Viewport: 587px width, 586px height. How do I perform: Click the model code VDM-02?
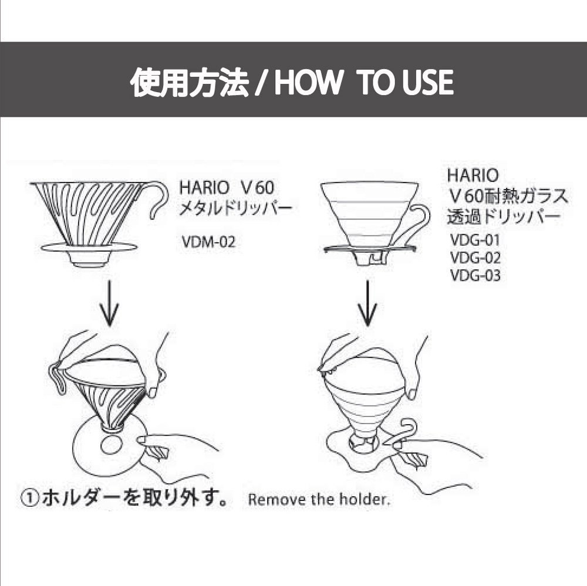click(208, 242)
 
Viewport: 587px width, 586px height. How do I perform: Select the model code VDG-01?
click(475, 240)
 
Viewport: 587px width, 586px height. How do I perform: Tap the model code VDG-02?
click(475, 258)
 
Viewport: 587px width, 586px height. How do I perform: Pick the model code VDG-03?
click(475, 276)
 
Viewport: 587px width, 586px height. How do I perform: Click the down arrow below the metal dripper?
click(109, 303)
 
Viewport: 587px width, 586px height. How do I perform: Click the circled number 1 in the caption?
click(29, 500)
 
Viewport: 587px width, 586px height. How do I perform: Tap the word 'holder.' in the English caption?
click(365, 499)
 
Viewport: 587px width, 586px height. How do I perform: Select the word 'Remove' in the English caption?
click(273, 500)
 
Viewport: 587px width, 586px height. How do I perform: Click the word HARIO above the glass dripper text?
click(473, 175)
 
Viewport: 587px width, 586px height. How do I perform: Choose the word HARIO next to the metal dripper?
click(204, 188)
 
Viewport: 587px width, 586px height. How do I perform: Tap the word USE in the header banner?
click(428, 82)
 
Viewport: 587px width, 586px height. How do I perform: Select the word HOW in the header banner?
click(308, 82)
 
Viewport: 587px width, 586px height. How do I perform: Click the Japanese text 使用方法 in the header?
click(190, 82)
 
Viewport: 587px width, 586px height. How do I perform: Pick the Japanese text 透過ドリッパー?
click(504, 216)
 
